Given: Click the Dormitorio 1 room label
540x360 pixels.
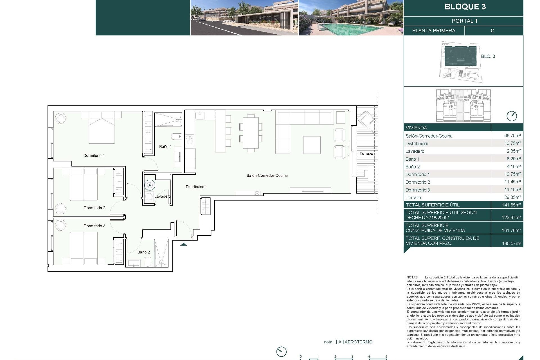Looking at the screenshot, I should click(94, 156).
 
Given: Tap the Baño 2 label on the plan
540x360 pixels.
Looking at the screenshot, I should click(143, 252).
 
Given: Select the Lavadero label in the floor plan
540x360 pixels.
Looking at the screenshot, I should click(162, 196).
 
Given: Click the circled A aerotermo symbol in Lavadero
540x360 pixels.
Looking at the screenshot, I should click(150, 185).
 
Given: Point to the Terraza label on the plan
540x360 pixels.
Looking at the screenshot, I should click(366, 154).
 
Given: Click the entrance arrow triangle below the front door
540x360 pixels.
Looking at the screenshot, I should click(184, 245).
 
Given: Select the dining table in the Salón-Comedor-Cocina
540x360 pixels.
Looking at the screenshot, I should click(251, 132).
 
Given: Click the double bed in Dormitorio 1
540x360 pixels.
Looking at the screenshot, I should click(102, 128).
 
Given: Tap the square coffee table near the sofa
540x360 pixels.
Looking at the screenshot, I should click(312, 145).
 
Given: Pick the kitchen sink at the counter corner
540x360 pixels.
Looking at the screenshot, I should click(201, 115).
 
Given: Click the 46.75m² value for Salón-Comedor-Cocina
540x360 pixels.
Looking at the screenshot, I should click(512, 136).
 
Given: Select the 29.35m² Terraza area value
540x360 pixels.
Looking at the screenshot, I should click(512, 197).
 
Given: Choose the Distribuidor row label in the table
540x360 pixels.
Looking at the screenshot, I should click(417, 143).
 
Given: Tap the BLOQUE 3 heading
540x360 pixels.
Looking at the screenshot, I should click(465, 7).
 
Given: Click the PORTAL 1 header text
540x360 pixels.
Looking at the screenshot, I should click(464, 21).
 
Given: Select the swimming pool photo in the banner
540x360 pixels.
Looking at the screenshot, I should click(351, 18).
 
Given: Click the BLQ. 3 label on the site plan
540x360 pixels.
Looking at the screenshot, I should click(488, 56).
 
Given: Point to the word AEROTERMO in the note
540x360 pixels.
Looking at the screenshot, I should click(358, 342).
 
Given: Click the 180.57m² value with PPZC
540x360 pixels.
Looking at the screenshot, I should click(511, 244).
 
